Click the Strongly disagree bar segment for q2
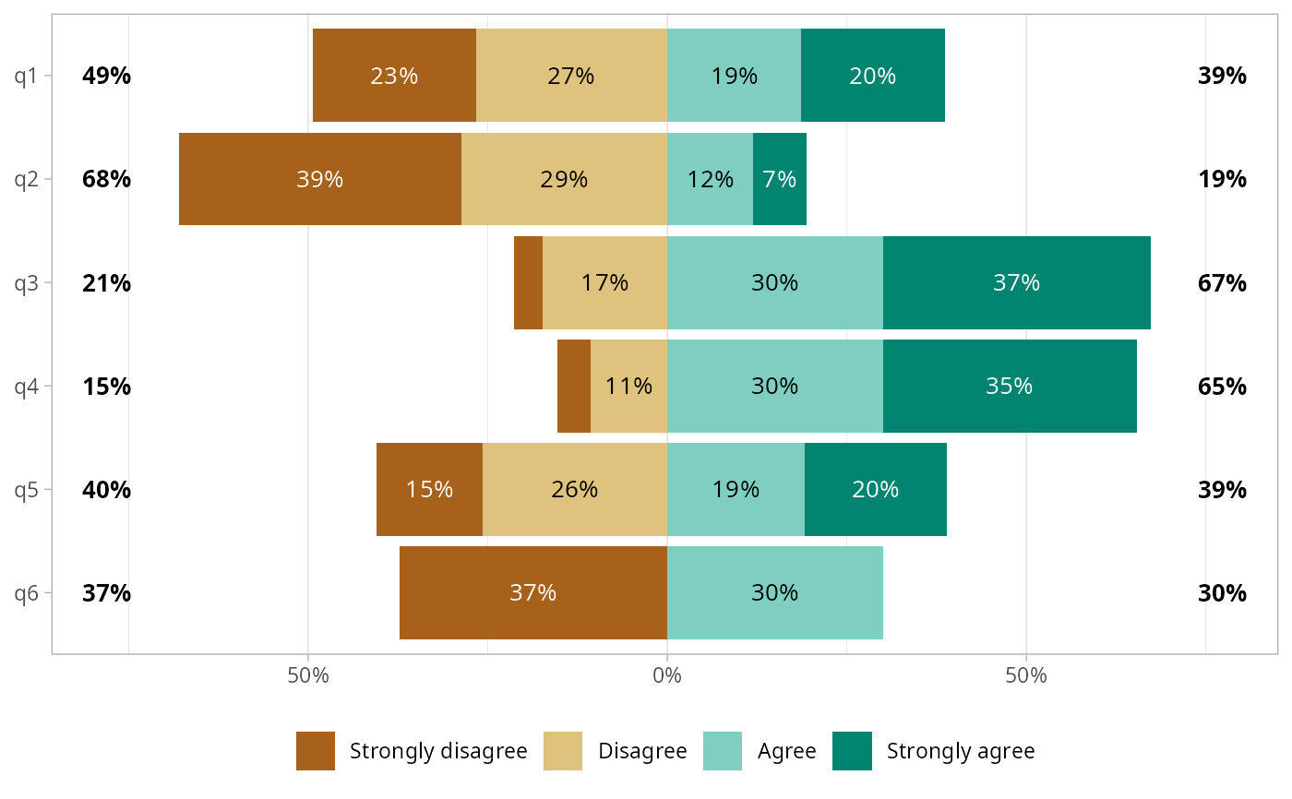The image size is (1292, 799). (319, 179)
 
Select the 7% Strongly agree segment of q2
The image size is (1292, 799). (780, 179)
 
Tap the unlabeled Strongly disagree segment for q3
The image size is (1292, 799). (528, 282)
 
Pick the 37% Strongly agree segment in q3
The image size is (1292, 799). (1016, 282)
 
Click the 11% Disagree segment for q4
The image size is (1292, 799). (628, 386)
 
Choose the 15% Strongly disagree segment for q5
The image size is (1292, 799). (429, 489)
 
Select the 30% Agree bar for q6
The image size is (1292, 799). (774, 592)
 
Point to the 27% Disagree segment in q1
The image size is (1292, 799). (570, 76)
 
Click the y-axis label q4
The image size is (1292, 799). (26, 386)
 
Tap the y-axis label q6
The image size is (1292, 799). (26, 592)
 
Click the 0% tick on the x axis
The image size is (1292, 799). (666, 675)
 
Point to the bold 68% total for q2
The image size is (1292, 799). (106, 179)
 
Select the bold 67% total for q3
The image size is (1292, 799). (1222, 282)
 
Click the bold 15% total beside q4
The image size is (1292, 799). (106, 386)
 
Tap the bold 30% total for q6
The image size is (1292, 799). (1222, 592)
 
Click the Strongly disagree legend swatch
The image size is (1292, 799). (316, 751)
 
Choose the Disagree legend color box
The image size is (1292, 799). (563, 751)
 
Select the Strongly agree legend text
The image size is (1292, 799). (961, 751)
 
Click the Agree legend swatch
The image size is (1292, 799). (723, 751)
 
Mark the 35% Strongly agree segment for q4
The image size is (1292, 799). (1009, 386)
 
